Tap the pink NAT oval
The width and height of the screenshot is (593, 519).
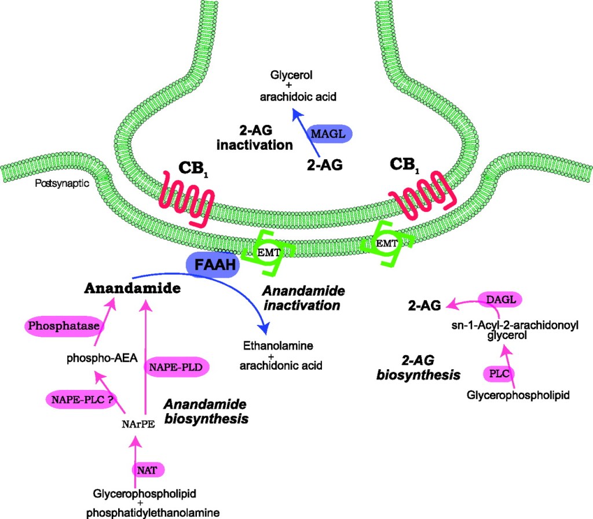[x=148, y=468]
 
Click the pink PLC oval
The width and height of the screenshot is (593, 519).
[x=499, y=373]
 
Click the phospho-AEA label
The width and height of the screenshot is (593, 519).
[x=102, y=358]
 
